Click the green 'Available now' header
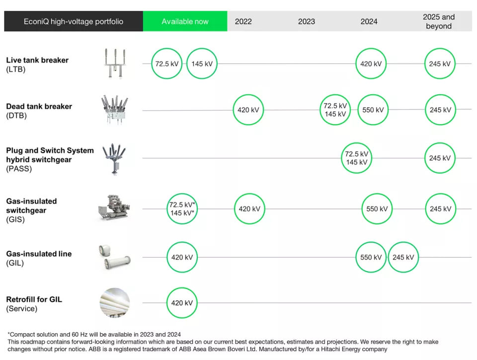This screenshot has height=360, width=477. pos(185,21)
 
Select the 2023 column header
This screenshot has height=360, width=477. pos(307,21)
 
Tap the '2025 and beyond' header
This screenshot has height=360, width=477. pos(439,21)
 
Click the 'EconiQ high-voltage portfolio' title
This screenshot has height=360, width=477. pos(74,21)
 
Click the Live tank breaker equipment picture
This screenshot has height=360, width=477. pos(115,64)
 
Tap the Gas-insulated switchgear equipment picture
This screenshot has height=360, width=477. pos(114,208)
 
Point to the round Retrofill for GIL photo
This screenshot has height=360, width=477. pos(115,303)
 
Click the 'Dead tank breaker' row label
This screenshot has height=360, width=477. pos(39,106)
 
